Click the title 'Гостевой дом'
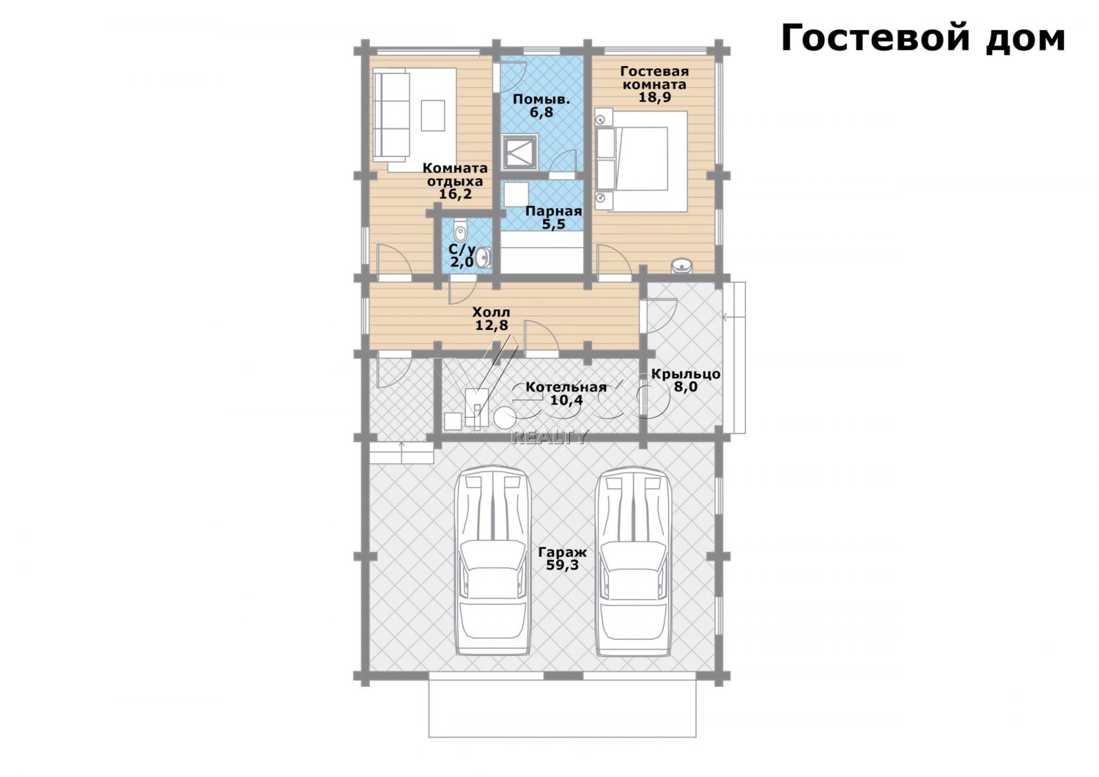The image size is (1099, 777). tap(923, 39)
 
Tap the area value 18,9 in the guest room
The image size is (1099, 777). tap(654, 97)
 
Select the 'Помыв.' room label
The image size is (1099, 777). tap(541, 100)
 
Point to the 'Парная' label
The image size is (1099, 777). tap(553, 212)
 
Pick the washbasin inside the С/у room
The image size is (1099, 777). tap(484, 258)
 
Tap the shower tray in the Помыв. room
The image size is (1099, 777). tap(520, 151)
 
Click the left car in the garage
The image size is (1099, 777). tap(492, 561)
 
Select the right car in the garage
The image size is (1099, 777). tap(634, 561)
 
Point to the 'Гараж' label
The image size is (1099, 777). tap(562, 552)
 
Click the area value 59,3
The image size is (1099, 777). tap(562, 565)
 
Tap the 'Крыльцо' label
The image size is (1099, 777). tap(686, 374)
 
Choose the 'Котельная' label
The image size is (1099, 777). tap(566, 387)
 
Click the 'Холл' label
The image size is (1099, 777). tap(491, 312)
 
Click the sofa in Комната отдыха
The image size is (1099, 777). tap(391, 116)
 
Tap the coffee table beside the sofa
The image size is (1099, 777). tap(433, 115)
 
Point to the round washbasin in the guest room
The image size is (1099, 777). tap(681, 265)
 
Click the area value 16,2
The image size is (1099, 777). tap(455, 194)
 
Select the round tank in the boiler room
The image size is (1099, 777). tap(505, 418)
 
